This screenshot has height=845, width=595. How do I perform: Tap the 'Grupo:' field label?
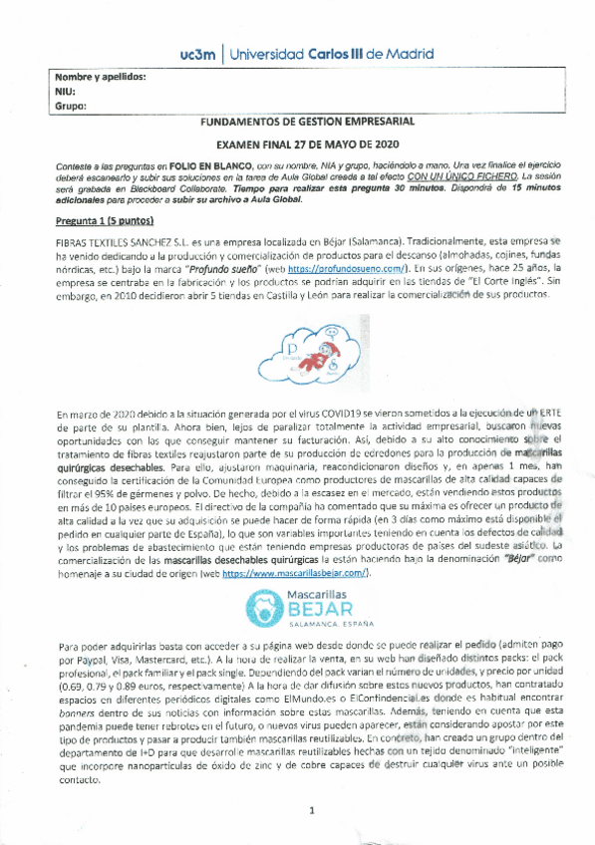[x=68, y=105]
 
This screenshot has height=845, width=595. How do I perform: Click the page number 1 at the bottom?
[x=311, y=809]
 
